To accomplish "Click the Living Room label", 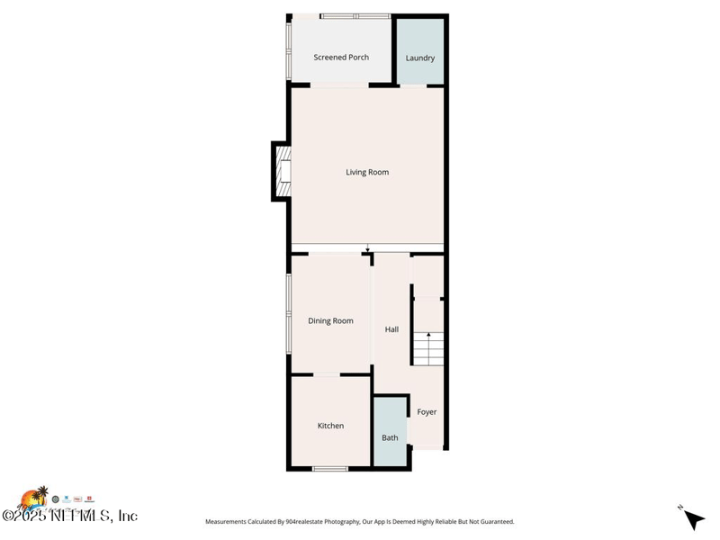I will (367, 172).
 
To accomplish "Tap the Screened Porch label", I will (341, 58).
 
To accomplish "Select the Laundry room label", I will (420, 58).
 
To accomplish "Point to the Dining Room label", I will (330, 321).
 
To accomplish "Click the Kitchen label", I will (330, 426).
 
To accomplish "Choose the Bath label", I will (390, 438).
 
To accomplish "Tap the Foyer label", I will (427, 412).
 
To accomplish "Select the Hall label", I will (391, 329).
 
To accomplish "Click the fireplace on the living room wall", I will (283, 171).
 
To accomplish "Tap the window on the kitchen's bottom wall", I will (329, 468).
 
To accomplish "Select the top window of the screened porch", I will (355, 16).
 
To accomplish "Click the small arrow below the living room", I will (367, 248).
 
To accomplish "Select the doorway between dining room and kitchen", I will (326, 374).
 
